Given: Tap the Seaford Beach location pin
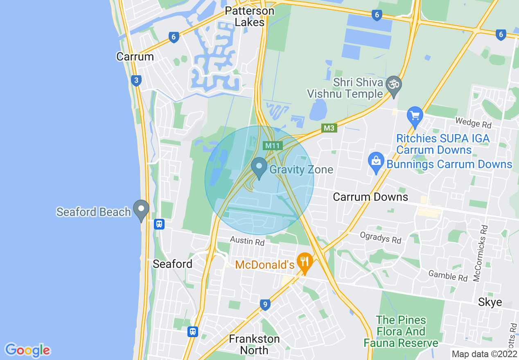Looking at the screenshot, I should pos(142,209).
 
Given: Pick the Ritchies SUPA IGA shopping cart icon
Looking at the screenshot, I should pos(415,116).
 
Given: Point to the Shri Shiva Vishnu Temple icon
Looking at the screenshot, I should pos(394,85).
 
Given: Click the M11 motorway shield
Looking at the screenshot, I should pos(273,145).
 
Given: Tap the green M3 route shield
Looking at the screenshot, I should pos(329,128).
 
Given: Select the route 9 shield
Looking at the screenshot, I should pos(265,304).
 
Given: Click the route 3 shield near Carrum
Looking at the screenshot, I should pos(136,81).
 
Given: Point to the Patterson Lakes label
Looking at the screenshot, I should pos(250,16).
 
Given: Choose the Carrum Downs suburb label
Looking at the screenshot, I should pos(370,197).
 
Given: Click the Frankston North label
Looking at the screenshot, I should pos(254,344).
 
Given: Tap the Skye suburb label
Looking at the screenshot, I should pos(490,302).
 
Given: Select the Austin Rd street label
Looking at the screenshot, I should pos(247,241).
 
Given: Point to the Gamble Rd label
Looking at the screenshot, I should pos(448,276).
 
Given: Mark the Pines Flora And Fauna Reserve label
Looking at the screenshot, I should pos(401,331).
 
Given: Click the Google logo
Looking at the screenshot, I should pos(27,350).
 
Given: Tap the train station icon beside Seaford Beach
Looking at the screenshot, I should pos(159,224).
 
